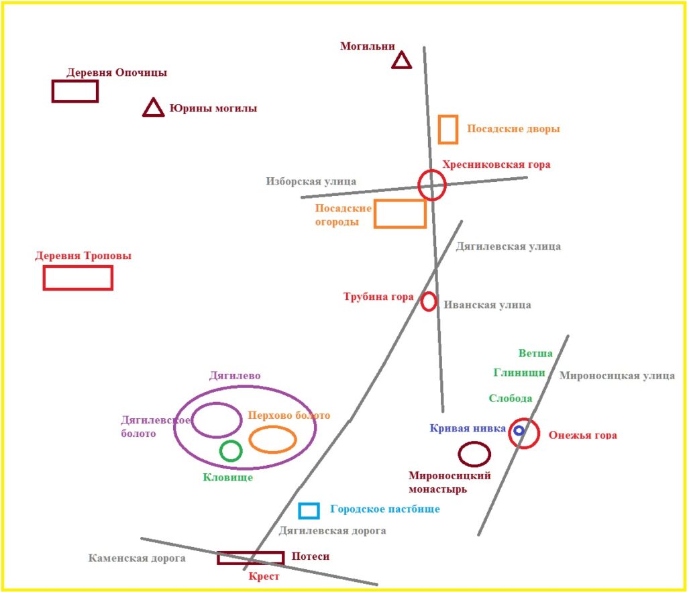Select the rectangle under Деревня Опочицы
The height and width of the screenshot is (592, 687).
click(x=75, y=81)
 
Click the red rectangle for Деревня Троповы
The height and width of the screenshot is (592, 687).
click(x=78, y=267)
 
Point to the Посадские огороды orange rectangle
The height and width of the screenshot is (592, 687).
click(x=400, y=201)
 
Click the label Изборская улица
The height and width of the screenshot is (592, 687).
click(x=311, y=181)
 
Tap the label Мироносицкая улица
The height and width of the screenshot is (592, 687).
click(x=617, y=375)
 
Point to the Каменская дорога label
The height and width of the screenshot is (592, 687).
click(x=137, y=558)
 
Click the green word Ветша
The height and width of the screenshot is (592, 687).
click(x=535, y=353)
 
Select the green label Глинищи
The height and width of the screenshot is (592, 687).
click(x=519, y=373)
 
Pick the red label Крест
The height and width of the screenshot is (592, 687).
click(x=264, y=576)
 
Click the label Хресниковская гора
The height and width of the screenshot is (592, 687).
click(x=496, y=164)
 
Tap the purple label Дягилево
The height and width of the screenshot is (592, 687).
click(x=235, y=375)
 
